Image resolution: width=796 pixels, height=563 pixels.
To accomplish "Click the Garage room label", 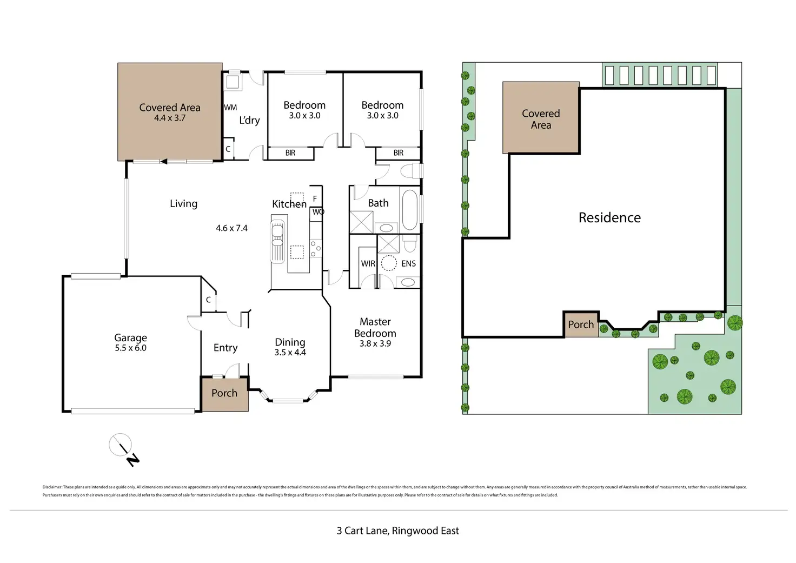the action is click(x=130, y=338).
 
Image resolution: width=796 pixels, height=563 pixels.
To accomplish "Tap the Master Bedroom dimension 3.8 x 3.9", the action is click(x=375, y=343).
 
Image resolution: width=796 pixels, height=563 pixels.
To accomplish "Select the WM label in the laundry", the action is click(x=230, y=108).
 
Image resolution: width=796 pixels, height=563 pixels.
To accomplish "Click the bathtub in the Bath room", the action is click(x=410, y=209).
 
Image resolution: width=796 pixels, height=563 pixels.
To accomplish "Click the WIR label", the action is click(x=368, y=263).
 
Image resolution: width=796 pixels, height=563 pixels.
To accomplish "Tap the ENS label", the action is click(x=408, y=263).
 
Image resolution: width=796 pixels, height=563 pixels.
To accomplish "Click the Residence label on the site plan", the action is click(x=609, y=217).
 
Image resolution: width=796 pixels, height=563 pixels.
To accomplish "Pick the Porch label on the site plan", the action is click(x=581, y=324).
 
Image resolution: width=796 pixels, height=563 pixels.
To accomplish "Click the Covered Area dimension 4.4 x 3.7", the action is click(x=169, y=118).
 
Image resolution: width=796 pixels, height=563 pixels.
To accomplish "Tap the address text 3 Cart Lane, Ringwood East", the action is click(x=397, y=531).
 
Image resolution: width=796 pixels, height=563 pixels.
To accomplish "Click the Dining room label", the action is click(x=290, y=342).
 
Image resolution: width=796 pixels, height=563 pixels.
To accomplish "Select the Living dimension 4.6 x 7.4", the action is click(x=231, y=228).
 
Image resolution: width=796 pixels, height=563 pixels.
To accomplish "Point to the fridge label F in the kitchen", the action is click(x=315, y=199).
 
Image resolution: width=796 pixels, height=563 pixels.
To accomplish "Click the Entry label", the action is click(x=225, y=348).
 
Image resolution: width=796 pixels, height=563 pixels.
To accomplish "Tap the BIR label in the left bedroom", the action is click(x=290, y=153).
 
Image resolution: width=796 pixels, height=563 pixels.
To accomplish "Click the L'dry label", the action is click(x=249, y=120).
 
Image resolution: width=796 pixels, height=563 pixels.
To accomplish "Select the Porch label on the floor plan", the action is click(x=224, y=393).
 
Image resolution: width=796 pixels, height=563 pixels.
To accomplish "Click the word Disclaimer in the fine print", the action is click(x=52, y=487).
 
